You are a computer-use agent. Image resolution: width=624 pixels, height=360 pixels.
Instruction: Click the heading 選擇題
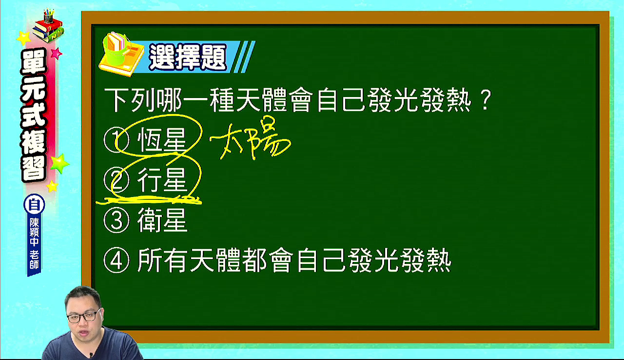[188, 58]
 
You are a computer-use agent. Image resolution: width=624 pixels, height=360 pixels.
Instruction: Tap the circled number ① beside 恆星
[116, 140]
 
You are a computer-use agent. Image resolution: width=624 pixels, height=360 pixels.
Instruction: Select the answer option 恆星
[161, 140]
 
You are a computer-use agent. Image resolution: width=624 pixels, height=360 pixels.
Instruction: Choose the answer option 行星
[161, 180]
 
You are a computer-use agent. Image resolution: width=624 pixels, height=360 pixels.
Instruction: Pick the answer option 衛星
[162, 220]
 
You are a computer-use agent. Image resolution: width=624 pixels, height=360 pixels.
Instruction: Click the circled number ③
[116, 220]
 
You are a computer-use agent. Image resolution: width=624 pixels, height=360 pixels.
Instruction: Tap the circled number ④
[116, 260]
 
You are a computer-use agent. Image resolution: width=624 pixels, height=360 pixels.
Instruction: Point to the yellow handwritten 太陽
[250, 139]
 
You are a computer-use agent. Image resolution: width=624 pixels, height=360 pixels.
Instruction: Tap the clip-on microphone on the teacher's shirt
[91, 355]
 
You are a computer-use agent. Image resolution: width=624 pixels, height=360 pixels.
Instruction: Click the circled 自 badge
[34, 205]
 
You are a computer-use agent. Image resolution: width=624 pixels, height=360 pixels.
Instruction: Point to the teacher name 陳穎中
[34, 232]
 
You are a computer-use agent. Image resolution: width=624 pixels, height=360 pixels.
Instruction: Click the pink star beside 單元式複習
[57, 54]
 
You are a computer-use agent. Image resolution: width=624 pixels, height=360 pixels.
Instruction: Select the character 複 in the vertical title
[34, 142]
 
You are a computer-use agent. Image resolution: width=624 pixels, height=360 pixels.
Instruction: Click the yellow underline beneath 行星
[149, 200]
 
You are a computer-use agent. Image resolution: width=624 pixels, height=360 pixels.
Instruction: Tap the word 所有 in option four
[162, 260]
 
